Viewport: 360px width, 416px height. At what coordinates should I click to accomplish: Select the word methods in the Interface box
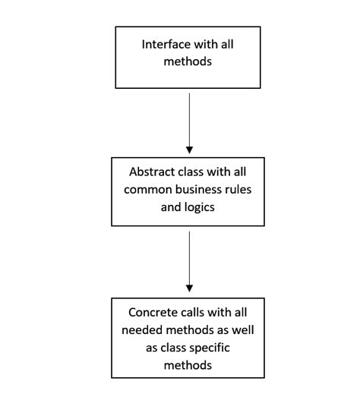coord(188,61)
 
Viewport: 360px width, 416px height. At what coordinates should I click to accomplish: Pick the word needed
coord(146,329)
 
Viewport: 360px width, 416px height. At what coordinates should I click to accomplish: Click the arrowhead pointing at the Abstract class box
coord(189,147)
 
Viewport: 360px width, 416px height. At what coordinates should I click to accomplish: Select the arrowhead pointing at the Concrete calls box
coord(189,288)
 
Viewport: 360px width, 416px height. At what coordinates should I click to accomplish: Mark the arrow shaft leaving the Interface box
coord(189,114)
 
